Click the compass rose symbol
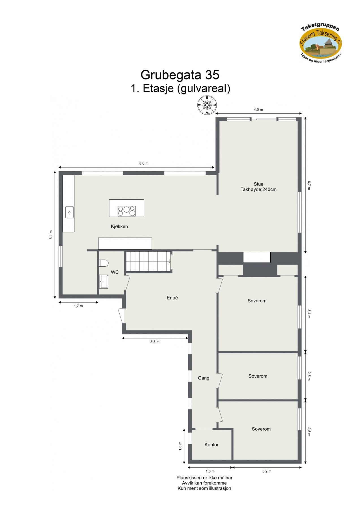coord(207,105)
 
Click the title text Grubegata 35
coord(180,75)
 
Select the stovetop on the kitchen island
coord(127,211)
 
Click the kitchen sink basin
coord(69,212)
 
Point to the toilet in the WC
coord(104,263)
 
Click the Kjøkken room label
coord(119,227)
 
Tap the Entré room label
coord(172,298)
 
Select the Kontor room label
coord(212,445)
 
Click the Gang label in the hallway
coord(203,378)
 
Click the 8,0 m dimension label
coord(144,163)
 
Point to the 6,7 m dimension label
coord(309,186)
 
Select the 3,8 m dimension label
coord(155,342)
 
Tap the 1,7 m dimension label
coord(78,306)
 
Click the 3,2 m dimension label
coord(267,471)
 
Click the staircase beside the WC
coord(148,261)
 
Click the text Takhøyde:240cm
coord(258,189)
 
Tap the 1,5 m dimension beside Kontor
coord(180,445)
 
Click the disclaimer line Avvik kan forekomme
coord(204,483)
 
